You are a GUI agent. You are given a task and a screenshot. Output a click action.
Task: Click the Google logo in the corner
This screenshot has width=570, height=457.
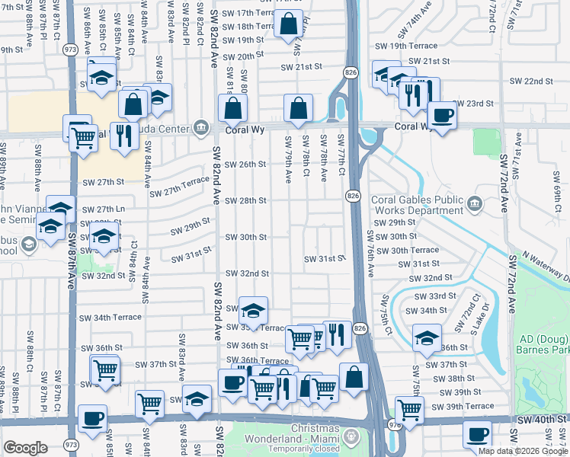(25, 448)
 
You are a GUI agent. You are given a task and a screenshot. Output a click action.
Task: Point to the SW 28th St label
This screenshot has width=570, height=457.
(245, 200)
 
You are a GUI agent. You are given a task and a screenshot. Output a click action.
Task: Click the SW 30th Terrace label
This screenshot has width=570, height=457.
(415, 250)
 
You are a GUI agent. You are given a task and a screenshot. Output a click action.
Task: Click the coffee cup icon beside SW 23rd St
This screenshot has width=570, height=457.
(441, 115)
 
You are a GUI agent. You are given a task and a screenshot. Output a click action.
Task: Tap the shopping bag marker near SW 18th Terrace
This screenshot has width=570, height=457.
(289, 24)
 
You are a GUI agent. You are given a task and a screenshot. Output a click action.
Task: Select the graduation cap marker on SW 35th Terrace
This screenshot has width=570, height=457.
(254, 310)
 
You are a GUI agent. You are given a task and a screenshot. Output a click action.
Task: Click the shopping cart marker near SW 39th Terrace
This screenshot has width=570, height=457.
(410, 410)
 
